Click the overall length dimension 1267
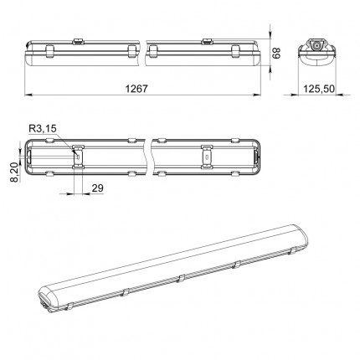point(136,89)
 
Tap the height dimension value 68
point(276,53)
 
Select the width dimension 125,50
point(319,89)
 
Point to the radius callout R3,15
point(43,129)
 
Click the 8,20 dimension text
point(15,172)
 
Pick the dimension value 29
point(98,188)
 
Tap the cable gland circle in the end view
point(317,45)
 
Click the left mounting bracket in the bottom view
point(78,157)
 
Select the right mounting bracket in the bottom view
point(207,157)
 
